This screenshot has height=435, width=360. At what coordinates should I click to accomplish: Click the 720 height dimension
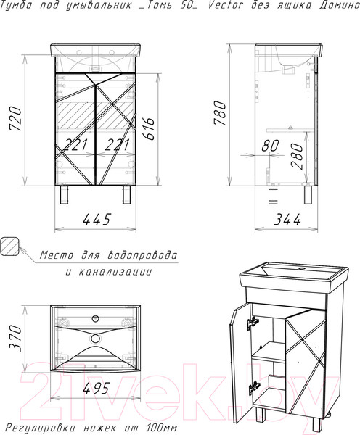click(15, 119)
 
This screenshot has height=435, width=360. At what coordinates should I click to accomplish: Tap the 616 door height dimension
click(149, 129)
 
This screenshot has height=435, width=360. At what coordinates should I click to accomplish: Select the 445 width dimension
click(97, 219)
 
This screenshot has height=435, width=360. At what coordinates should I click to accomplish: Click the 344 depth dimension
click(287, 220)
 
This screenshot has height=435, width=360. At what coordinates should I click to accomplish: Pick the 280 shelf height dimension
click(297, 156)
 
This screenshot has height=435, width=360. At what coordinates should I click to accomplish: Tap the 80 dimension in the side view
click(270, 146)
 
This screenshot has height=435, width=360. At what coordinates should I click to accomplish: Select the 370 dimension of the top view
click(15, 339)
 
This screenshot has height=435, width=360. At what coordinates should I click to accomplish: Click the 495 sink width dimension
click(97, 388)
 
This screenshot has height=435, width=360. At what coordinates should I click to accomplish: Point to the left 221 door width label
click(75, 144)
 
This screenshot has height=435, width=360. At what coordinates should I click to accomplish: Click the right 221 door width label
click(117, 144)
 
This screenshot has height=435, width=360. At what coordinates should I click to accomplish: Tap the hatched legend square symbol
click(9, 246)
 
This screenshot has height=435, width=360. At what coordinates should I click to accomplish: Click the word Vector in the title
click(226, 5)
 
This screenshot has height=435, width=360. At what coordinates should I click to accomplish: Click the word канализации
click(115, 272)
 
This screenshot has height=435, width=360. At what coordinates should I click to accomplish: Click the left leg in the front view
click(64, 194)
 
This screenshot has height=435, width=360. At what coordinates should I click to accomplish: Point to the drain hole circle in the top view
click(95, 339)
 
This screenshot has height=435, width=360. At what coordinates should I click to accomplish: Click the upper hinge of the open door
click(253, 323)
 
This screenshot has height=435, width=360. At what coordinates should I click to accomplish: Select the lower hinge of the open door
click(254, 386)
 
